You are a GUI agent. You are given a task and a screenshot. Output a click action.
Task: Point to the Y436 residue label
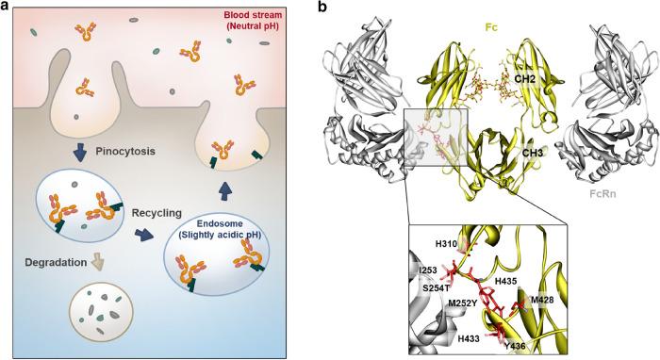(516, 344)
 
